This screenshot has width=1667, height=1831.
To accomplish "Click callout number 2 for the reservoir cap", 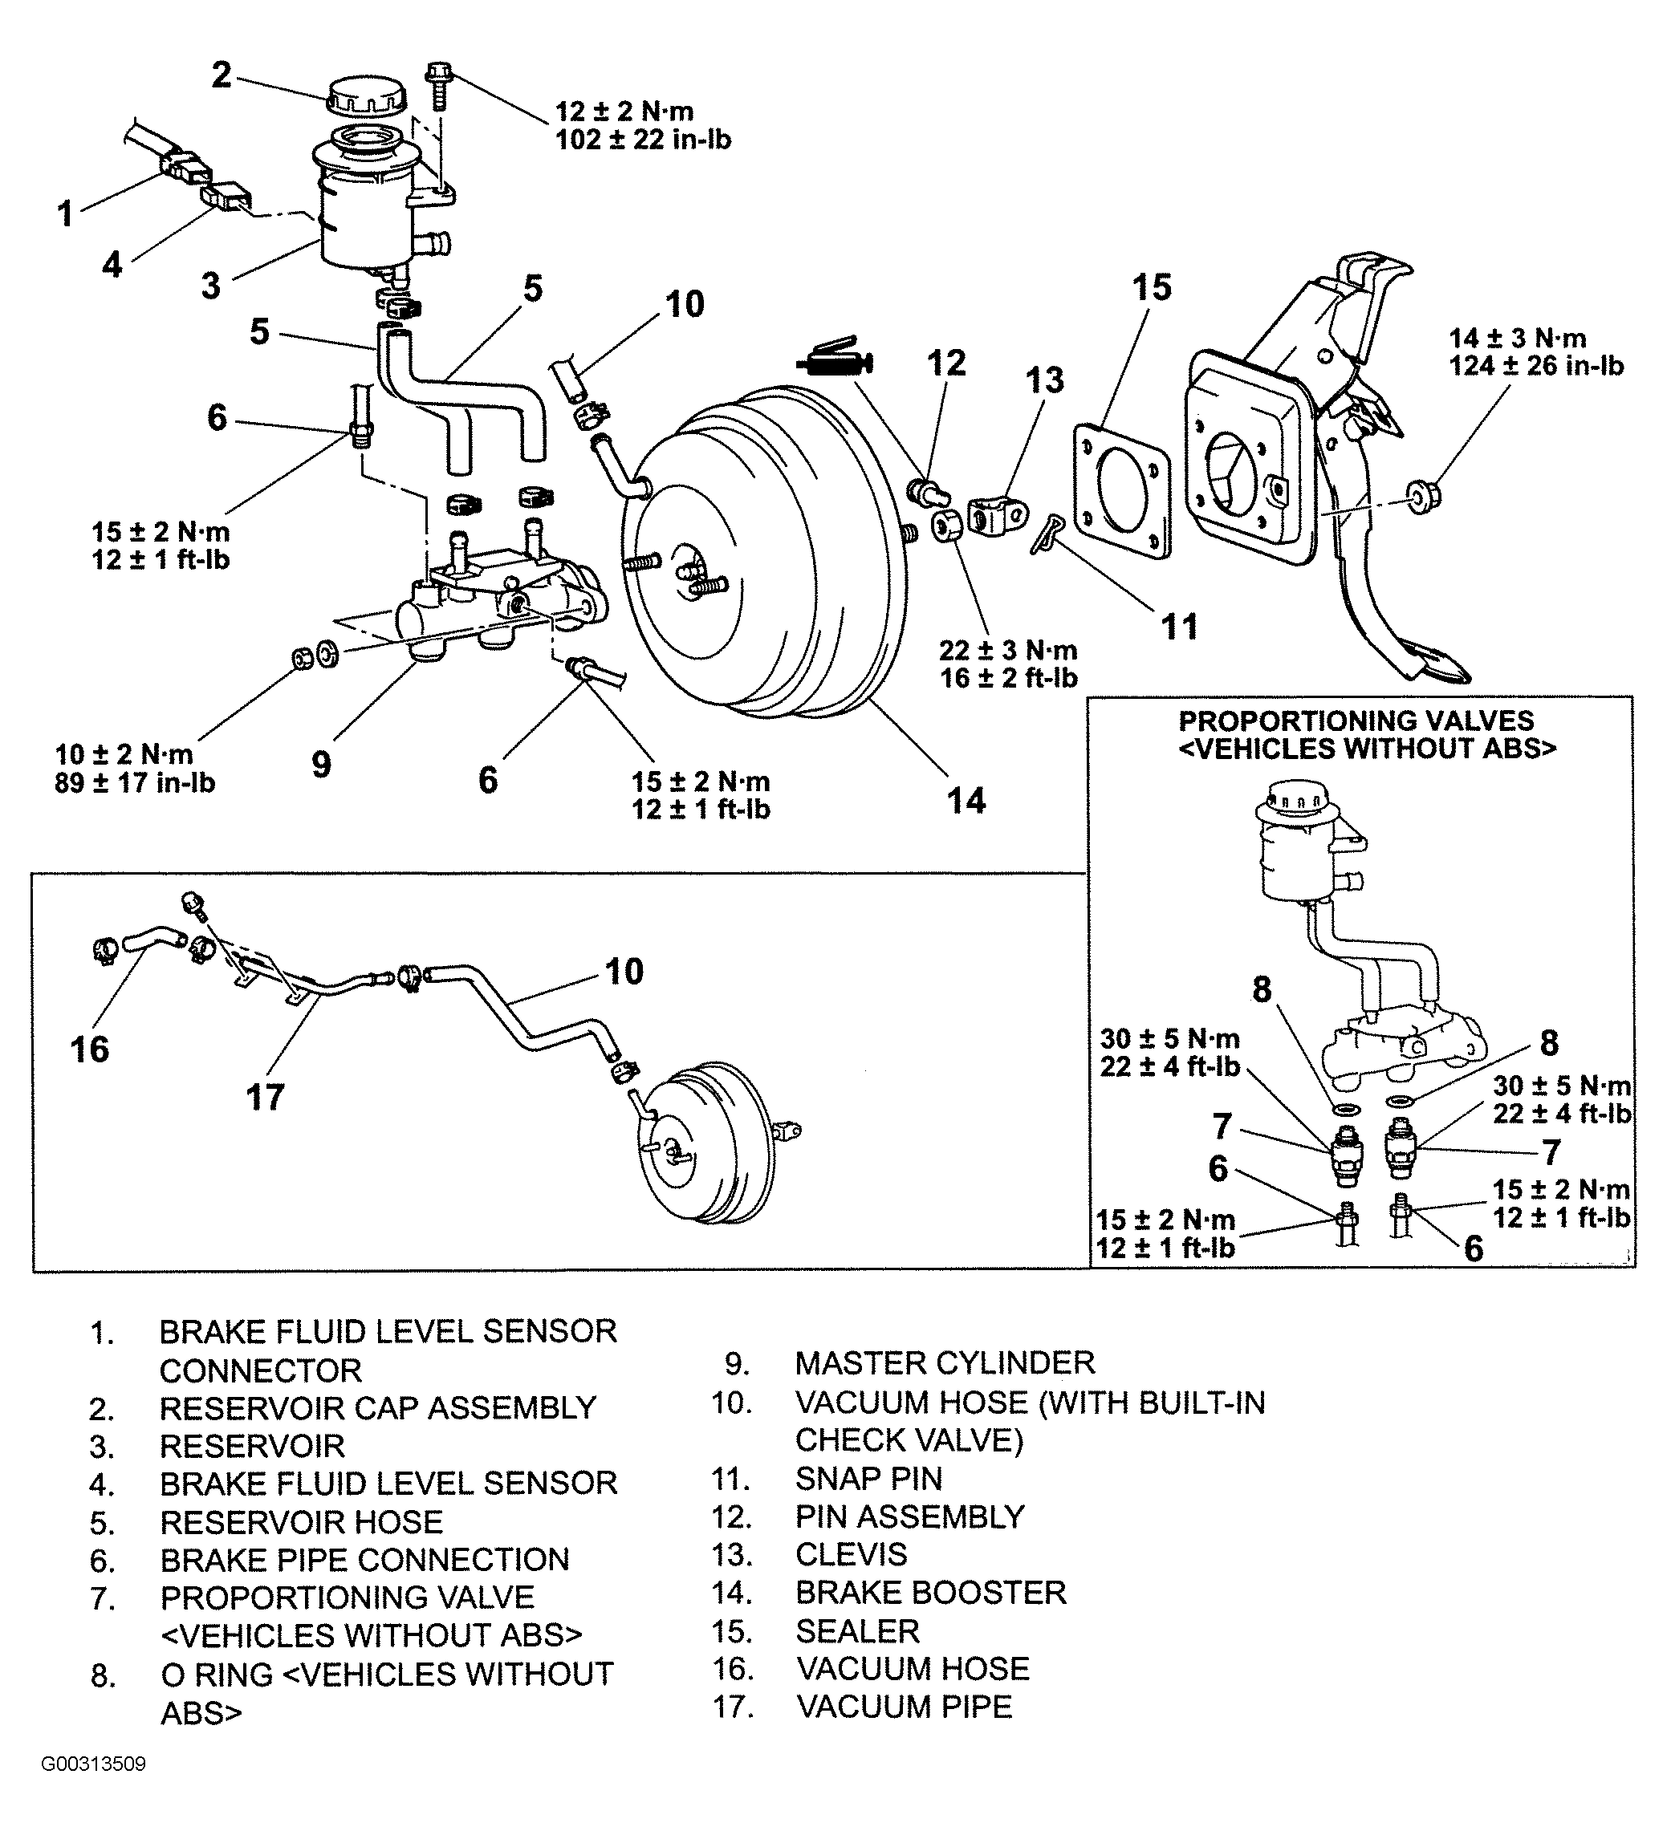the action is [222, 75].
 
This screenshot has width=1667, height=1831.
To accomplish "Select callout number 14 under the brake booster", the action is [966, 800].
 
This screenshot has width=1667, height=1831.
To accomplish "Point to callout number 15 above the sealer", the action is [1152, 287].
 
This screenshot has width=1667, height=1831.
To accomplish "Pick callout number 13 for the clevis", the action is [1046, 380].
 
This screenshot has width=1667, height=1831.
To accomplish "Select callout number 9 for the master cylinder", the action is [322, 764].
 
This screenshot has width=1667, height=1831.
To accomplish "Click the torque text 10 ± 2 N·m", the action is [124, 755].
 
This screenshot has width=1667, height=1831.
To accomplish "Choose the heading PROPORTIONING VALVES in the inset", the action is [1356, 721].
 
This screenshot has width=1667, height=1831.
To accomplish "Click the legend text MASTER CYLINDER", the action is [945, 1363].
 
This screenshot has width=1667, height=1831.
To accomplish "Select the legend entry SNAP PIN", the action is [868, 1479].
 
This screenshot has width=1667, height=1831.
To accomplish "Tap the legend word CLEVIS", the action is [852, 1555].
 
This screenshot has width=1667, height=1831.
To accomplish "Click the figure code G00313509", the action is [94, 1789].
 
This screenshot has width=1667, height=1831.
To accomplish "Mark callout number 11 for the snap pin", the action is [1179, 627].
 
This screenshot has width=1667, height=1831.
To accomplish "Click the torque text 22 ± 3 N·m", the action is [1008, 650].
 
